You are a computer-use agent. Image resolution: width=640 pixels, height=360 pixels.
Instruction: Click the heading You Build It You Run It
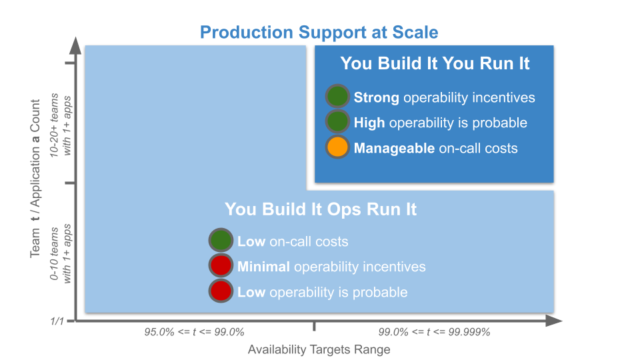[x=433, y=63]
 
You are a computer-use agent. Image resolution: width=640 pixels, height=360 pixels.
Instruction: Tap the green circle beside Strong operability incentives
[x=337, y=97]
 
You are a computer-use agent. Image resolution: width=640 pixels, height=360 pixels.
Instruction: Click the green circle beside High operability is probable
[x=337, y=123]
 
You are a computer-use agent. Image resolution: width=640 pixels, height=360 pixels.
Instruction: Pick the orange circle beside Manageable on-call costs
[x=337, y=149]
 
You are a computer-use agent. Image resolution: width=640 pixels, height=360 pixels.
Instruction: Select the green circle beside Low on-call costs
[x=221, y=241]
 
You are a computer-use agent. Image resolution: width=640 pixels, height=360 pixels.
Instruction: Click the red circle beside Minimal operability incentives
[x=221, y=267]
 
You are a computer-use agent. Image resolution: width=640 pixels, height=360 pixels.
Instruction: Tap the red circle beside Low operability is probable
[x=221, y=292]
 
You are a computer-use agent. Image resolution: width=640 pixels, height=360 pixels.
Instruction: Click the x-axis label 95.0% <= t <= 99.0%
[x=194, y=331]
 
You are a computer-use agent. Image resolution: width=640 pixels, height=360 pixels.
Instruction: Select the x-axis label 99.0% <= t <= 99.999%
[x=435, y=331]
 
